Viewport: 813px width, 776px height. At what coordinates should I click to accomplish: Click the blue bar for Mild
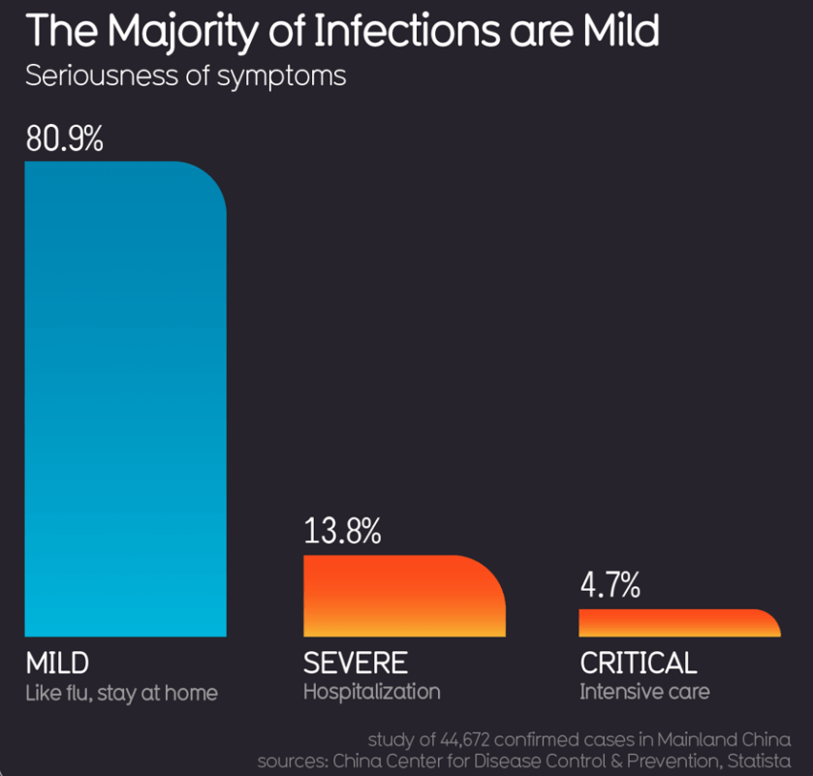pos(125,397)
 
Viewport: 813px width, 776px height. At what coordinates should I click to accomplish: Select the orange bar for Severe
pos(403,596)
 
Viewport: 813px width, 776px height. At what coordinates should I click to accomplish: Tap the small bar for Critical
pos(678,623)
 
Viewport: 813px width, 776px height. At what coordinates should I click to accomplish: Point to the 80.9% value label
pos(64,139)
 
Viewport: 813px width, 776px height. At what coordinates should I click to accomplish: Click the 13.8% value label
pos(342,531)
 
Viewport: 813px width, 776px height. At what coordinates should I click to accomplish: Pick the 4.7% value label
pos(610,585)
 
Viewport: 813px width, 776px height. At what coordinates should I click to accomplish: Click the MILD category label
pos(57,663)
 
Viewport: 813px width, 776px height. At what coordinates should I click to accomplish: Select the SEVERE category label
pos(355,663)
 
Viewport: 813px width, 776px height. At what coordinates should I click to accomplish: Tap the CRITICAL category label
pos(638,663)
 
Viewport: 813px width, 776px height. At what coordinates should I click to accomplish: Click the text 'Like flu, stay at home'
pos(121,693)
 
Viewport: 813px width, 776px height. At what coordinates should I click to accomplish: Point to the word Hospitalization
pos(371,692)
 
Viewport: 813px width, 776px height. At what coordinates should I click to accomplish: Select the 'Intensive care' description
pos(644,692)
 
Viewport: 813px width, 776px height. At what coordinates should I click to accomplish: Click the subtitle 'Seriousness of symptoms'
pos(185,76)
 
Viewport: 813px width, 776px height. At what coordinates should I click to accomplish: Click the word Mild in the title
pos(620,31)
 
